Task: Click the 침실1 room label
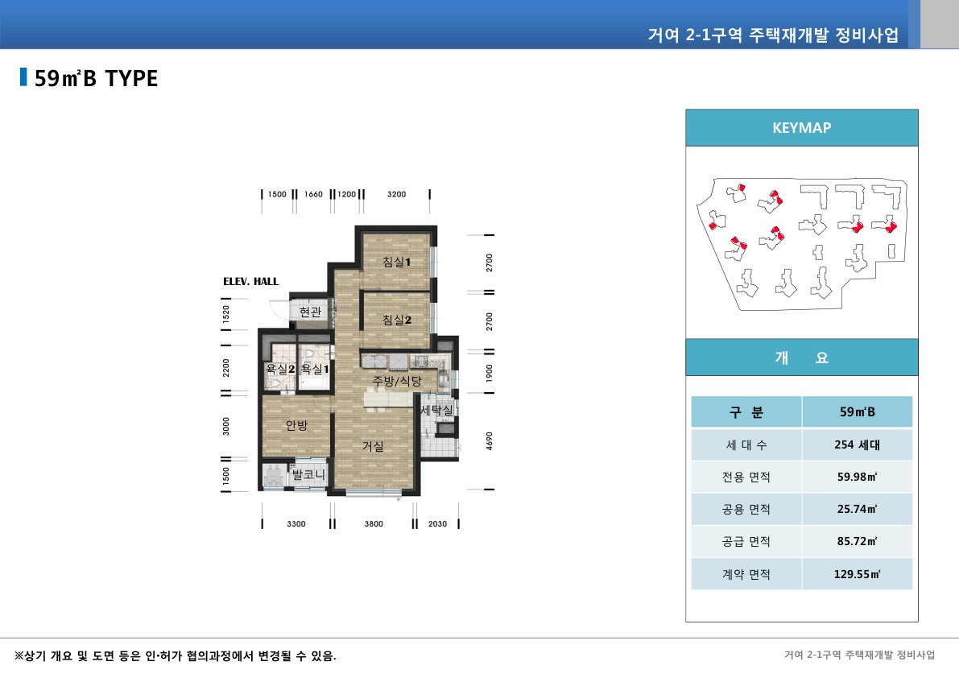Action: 397,262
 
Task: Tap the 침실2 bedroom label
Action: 397,320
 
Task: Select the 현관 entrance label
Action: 310,312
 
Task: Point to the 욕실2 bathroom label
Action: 280,369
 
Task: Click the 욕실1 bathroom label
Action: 315,369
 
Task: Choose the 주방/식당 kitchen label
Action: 396,380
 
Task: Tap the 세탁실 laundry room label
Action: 436,410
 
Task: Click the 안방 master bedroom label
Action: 296,425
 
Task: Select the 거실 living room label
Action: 372,445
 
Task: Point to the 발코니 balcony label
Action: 308,475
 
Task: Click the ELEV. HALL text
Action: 250,282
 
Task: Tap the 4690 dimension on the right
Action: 490,441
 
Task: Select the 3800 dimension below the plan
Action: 374,524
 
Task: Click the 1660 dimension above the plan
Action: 314,194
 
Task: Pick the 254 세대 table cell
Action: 857,444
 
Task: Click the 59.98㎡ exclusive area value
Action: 857,477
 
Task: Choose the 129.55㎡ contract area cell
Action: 857,575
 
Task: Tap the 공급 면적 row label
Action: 746,542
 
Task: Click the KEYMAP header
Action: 801,127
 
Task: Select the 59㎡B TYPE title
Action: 96,78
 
